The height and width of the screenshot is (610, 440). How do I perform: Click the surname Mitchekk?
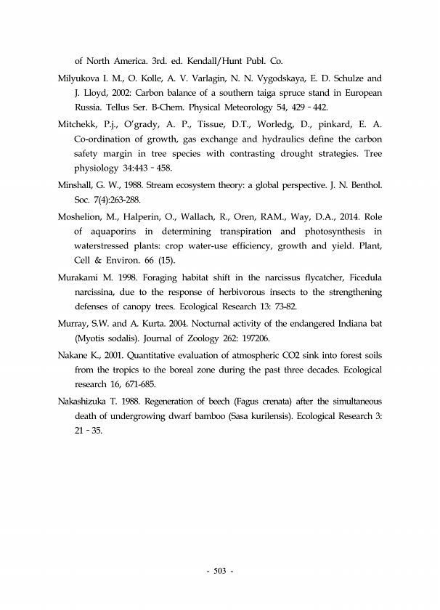pos(78,123)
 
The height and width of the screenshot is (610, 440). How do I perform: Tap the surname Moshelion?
pos(81,216)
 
